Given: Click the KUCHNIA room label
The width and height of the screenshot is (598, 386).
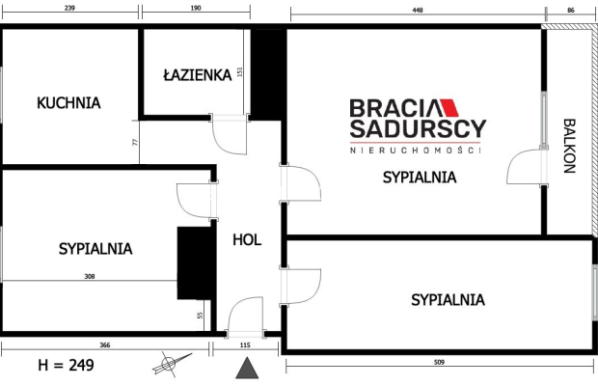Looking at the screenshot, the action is point(68,103).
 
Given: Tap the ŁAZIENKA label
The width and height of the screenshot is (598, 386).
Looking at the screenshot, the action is point(198,74).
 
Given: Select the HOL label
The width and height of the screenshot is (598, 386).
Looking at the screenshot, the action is point(247,240).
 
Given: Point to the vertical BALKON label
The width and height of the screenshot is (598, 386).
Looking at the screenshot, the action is point(569,146).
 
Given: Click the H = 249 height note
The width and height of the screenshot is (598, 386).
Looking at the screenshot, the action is point(66,365).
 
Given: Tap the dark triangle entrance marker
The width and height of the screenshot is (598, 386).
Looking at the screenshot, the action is point(247,368).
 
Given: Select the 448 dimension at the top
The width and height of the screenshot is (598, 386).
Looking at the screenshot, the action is point(418,11).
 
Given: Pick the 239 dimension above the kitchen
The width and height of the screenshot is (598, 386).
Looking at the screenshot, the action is point(69,8).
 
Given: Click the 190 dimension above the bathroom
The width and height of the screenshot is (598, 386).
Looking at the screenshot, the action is point(196,8).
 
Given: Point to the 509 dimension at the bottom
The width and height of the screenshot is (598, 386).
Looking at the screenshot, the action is point(440,362).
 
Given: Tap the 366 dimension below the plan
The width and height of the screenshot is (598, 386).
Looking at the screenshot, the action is point(105,345).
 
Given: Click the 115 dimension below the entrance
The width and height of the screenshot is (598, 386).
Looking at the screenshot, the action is point(245,345).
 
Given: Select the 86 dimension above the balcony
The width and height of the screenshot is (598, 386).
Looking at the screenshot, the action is point(571,11).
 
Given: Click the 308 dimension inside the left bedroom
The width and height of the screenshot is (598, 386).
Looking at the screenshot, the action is point(90,276).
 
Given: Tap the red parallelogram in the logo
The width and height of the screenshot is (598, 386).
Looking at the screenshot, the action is point(449,107).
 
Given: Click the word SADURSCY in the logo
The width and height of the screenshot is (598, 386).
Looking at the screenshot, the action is point(418,128).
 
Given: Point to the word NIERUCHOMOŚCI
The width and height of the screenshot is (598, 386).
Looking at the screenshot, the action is point(416,151).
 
